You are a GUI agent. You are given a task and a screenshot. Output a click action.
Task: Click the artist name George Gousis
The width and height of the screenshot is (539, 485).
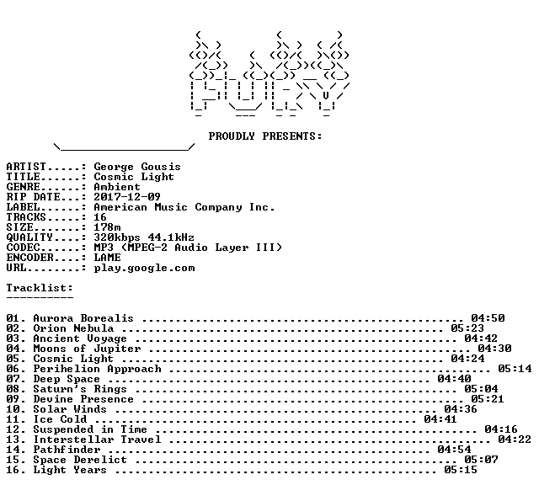pyautogui.click(x=137, y=168)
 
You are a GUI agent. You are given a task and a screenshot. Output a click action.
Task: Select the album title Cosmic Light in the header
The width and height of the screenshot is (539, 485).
pyautogui.click(x=134, y=178)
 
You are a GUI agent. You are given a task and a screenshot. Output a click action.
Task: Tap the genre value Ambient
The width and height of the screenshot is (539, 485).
pyautogui.click(x=117, y=187)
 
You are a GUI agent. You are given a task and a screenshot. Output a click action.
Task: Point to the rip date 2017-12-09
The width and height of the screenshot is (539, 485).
pyautogui.click(x=127, y=197)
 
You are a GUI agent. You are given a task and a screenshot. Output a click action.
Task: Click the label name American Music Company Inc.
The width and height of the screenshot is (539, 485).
pyautogui.click(x=184, y=207)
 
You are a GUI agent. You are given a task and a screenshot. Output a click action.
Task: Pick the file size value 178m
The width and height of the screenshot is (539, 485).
pyautogui.click(x=107, y=227)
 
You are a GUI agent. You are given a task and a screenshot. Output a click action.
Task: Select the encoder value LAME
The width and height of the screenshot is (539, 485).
pyautogui.click(x=107, y=258)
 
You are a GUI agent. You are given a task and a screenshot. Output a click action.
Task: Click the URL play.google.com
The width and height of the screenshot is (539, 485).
pyautogui.click(x=144, y=268)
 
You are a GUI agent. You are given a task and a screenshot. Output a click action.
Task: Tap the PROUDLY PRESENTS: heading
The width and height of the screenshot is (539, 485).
pyautogui.click(x=265, y=136)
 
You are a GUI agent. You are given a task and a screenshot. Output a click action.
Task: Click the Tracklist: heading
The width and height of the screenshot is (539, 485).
pyautogui.click(x=40, y=288)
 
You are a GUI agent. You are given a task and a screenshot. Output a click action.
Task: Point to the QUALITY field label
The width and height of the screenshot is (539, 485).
pyautogui.click(x=29, y=237)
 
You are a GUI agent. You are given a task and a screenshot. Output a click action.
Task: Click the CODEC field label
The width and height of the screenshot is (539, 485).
pyautogui.click(x=23, y=248)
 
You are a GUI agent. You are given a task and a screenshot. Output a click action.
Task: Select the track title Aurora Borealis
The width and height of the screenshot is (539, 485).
pyautogui.click(x=83, y=318)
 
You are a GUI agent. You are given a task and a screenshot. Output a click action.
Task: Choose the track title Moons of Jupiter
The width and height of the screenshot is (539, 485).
pyautogui.click(x=87, y=349)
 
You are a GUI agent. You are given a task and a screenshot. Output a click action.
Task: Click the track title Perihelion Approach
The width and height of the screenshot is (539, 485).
pyautogui.click(x=97, y=369)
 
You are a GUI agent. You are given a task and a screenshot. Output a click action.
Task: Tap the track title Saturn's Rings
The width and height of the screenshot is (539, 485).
pyautogui.click(x=80, y=390)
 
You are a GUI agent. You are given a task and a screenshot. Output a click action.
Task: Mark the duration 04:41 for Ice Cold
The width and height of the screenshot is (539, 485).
pyautogui.click(x=440, y=419)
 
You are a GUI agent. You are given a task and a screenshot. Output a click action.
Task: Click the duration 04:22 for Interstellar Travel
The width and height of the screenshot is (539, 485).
pyautogui.click(x=515, y=440)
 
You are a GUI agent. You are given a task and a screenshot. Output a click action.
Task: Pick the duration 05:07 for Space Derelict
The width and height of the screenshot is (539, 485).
pyautogui.click(x=481, y=460)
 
